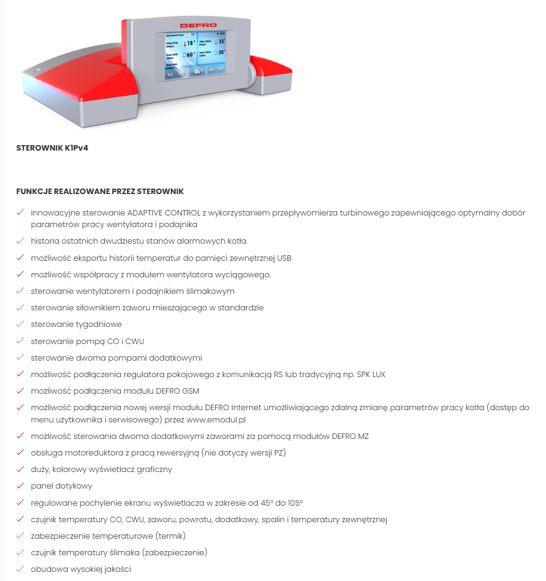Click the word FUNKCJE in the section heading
click(34, 191)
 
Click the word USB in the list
click(284, 258)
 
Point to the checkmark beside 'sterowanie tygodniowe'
click(20, 324)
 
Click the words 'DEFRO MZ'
click(350, 436)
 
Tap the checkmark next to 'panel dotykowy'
click(20, 486)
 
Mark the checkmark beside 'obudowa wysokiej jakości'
click(20, 569)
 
